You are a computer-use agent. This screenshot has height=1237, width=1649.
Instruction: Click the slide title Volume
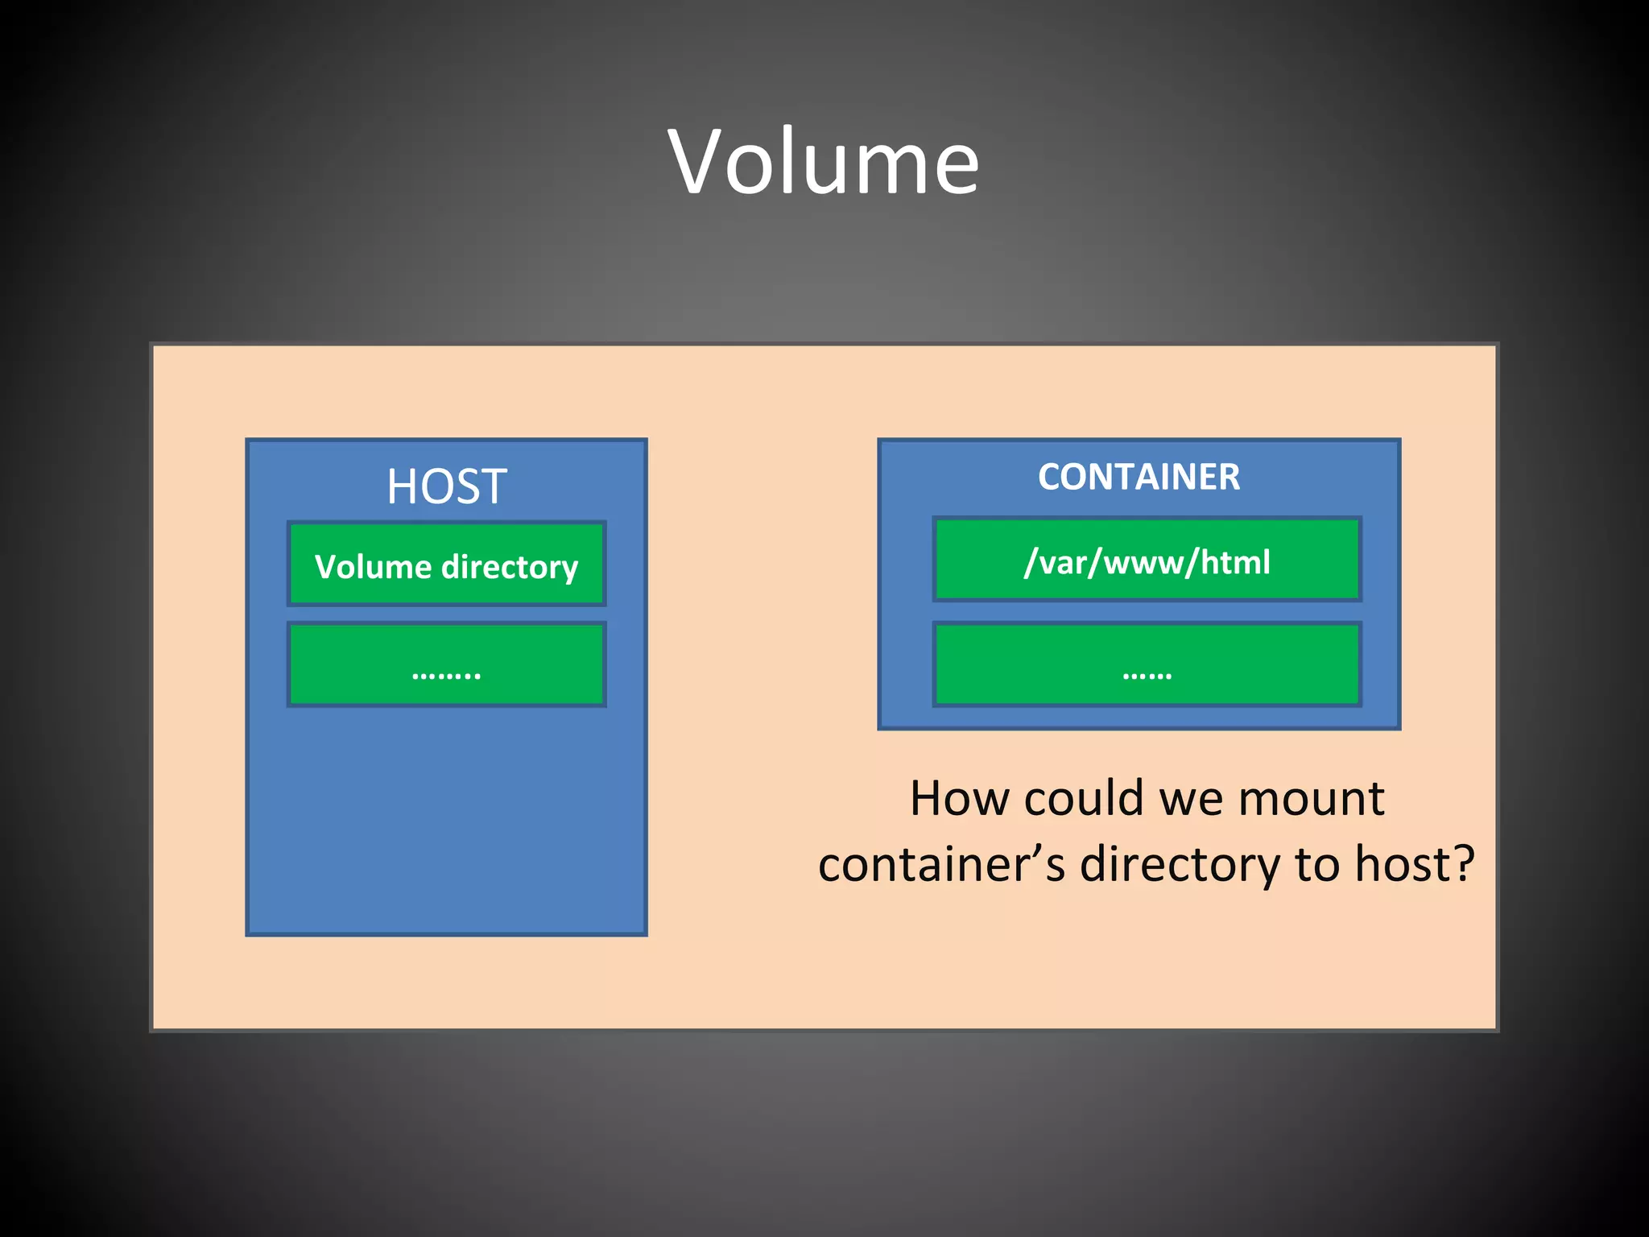[x=824, y=163]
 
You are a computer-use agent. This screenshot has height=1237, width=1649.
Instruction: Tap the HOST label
[x=446, y=486]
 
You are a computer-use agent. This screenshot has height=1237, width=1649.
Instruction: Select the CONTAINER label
[x=1139, y=477]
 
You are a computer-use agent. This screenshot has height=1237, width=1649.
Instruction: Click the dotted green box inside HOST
[x=446, y=665]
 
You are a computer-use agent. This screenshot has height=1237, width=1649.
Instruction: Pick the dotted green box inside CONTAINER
[x=1147, y=665]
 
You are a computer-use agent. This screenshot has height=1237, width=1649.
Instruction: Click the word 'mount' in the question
[x=1311, y=799]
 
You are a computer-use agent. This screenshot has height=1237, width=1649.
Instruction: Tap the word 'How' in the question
[x=958, y=799]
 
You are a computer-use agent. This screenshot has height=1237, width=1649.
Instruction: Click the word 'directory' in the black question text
[x=1180, y=866]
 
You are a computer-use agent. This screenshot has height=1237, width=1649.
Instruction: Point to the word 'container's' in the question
[x=940, y=864]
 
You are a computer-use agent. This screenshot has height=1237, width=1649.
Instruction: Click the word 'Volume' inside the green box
[x=373, y=567]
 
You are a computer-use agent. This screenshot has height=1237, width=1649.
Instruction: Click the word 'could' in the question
[x=1083, y=799]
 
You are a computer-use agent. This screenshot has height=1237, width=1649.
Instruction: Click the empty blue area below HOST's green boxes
[x=446, y=821]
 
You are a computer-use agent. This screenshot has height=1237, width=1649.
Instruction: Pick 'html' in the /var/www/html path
[x=1235, y=562]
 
